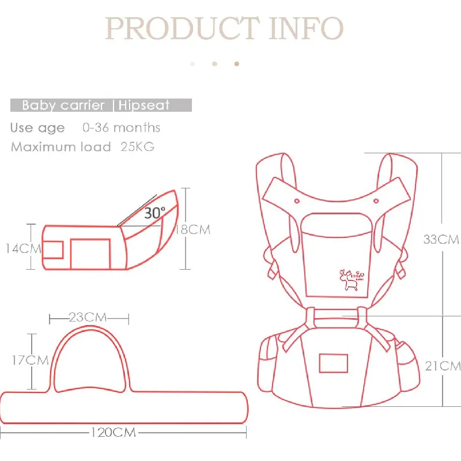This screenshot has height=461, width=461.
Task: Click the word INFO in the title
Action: tap(306, 28)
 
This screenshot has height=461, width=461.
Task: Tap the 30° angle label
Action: tap(155, 213)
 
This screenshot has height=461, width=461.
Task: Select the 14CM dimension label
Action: tap(24, 249)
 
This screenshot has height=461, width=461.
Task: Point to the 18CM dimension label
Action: tap(193, 229)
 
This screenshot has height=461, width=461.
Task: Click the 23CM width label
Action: tap(88, 318)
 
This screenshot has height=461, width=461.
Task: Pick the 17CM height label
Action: tap(30, 360)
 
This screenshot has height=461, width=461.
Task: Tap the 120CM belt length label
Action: tap(113, 433)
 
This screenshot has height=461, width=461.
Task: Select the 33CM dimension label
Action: tap(441, 239)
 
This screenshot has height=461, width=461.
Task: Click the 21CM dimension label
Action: tap(443, 366)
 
